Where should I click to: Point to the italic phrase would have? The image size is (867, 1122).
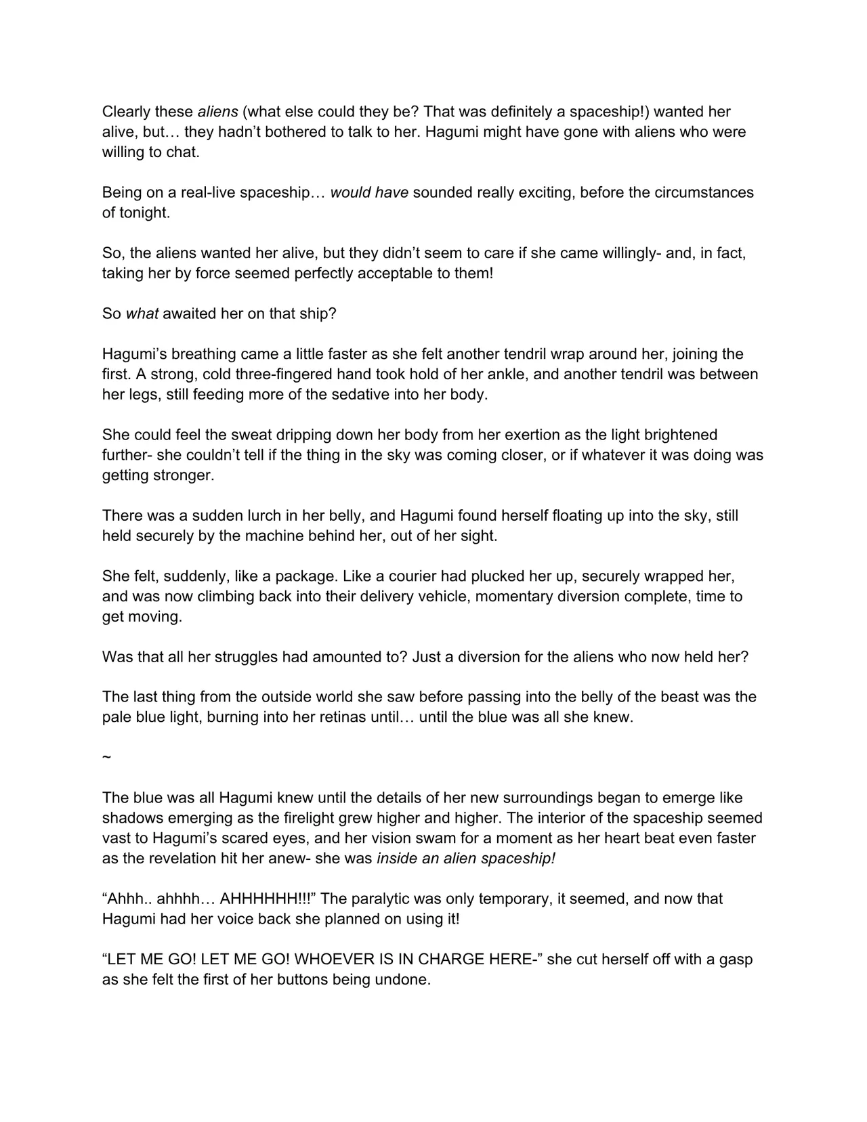click(x=369, y=192)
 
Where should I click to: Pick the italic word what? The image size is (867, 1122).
click(x=142, y=314)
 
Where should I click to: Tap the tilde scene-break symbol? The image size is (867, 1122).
click(x=106, y=757)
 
